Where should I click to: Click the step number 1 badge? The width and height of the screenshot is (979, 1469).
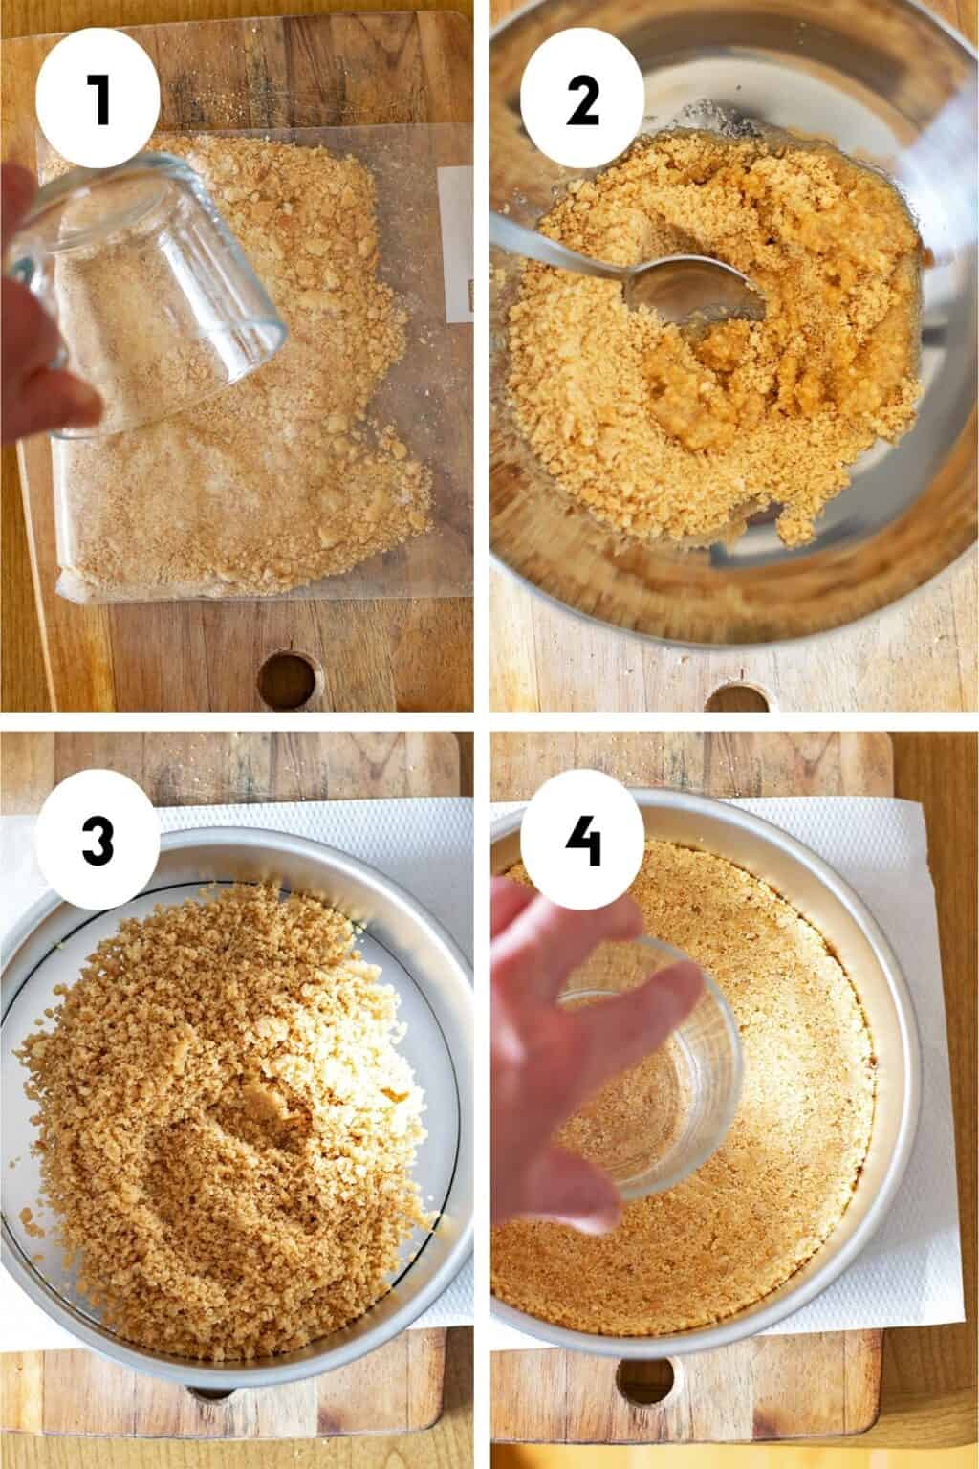tap(98, 99)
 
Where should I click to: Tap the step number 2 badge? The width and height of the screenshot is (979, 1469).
tap(582, 99)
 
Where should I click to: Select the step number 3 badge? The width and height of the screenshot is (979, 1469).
tap(98, 840)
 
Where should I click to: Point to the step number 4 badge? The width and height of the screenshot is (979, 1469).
tap(582, 840)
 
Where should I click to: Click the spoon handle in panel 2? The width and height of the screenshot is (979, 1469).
tap(557, 246)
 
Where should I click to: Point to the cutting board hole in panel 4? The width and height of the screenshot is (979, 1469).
tap(646, 1379)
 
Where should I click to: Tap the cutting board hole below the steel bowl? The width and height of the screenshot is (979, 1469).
tap(739, 697)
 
